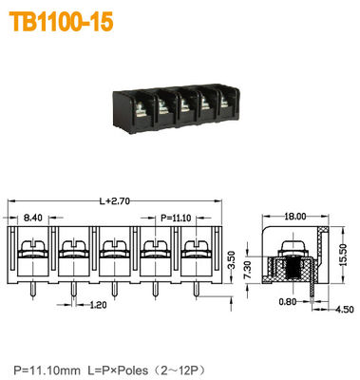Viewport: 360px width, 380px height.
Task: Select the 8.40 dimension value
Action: (32, 218)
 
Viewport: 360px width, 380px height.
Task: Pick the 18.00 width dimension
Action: (294, 218)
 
